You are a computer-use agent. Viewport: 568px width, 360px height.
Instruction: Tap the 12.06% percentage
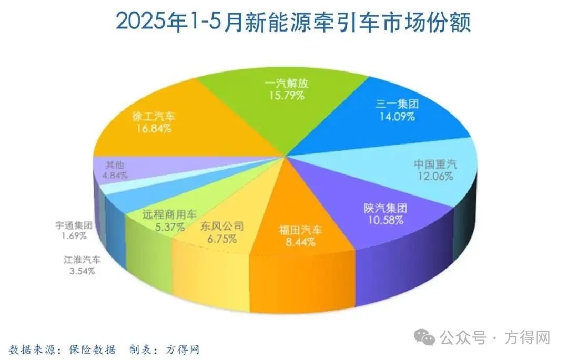click(434, 177)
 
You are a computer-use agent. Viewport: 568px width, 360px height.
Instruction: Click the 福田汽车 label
click(300, 230)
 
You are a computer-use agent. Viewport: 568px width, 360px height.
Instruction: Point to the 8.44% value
click(300, 242)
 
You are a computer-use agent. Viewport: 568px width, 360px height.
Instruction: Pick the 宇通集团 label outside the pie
click(74, 225)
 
